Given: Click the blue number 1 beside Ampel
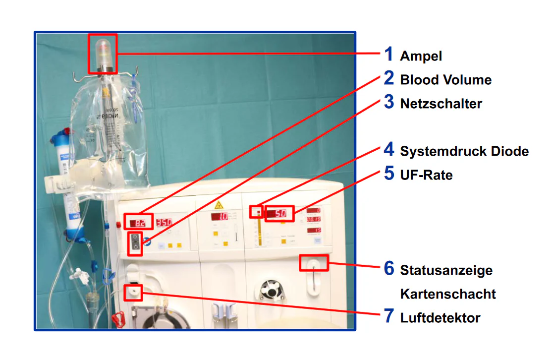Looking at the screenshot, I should point(389,54).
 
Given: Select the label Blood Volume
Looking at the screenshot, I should point(445,80).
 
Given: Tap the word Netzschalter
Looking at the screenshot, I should point(441,104).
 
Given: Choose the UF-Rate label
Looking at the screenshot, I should point(426,175).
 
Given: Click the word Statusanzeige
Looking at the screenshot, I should point(446,271).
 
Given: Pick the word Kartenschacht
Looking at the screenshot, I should point(447,294).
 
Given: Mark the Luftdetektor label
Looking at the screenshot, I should point(440,318).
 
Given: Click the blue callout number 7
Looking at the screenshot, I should point(389,316).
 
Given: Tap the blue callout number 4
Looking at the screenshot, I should point(389,150).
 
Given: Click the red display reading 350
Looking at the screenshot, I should point(164,223).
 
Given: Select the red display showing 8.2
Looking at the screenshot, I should point(138,223).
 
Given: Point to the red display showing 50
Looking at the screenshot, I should point(280,214).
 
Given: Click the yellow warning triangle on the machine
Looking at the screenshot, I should point(218,205).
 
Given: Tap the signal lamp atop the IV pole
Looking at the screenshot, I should point(103,50).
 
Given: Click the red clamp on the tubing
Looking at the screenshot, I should point(118,317).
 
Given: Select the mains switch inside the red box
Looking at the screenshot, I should point(135,244).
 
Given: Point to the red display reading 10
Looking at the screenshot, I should point(221,217).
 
